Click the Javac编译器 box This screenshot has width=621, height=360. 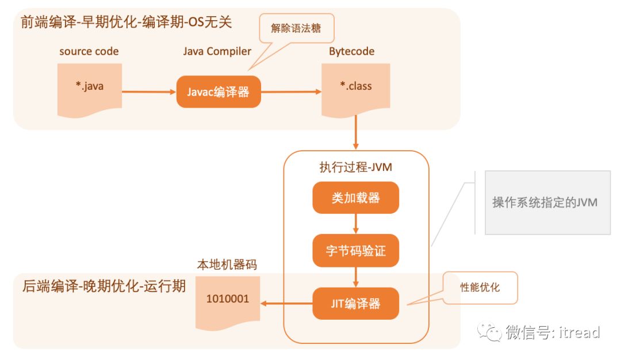coord(218,91)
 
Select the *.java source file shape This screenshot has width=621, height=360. coord(90,87)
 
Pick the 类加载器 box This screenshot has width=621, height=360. coord(355,198)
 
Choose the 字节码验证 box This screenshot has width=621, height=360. coord(355,251)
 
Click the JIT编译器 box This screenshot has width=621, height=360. coord(355,304)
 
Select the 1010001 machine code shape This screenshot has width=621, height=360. coord(228,301)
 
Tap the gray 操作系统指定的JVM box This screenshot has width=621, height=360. coord(547,202)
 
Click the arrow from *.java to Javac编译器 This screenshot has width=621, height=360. coord(148,91)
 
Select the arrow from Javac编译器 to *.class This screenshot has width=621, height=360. coord(290,91)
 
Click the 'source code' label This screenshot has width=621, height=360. coord(89,51)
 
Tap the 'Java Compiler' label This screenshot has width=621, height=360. coord(217,51)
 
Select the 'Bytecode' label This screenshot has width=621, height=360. coord(352,51)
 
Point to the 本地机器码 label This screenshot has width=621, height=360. coord(227,265)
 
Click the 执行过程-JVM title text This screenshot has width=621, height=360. coord(356,167)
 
